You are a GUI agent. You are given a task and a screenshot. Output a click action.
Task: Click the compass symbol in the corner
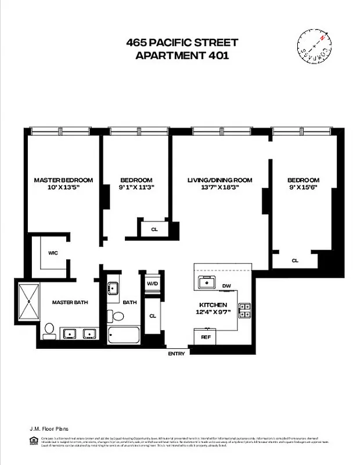coord(315,47)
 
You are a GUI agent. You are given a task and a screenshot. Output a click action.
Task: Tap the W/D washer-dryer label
coord(153,284)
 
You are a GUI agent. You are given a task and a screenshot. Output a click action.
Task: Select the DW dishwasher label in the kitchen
coord(227,285)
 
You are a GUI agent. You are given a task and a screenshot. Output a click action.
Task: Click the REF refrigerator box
coord(206,337)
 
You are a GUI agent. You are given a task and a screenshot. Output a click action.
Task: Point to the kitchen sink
coord(206,283)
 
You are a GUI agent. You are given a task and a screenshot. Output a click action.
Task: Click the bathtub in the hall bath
coord(122,335)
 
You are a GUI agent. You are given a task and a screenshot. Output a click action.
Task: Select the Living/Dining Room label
coord(219,180)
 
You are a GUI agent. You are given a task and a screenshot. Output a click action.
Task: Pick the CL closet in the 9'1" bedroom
coord(154,229)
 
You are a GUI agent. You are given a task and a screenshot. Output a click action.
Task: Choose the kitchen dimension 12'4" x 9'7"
coord(213,313)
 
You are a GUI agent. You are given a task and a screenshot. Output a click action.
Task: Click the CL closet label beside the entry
coord(153,316)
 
